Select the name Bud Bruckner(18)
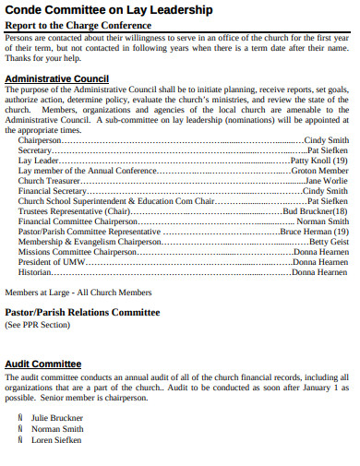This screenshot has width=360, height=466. tap(315, 210)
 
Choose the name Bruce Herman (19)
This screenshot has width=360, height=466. tap(314, 232)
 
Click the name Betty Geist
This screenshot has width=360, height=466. tap(330, 242)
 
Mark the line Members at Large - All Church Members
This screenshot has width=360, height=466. tap(78, 293)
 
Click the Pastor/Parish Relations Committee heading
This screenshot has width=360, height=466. tap(82, 312)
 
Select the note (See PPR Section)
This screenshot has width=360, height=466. tap(37, 325)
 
